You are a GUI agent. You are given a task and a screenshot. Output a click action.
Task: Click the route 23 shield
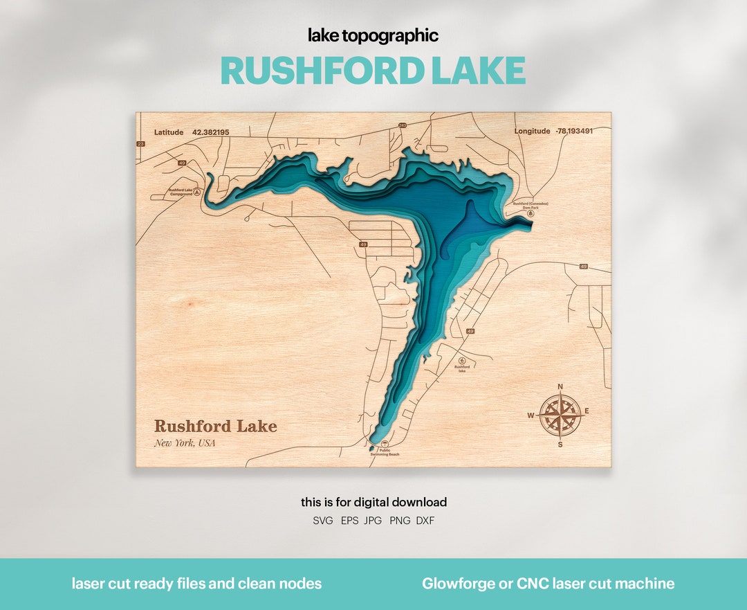(x=140, y=144)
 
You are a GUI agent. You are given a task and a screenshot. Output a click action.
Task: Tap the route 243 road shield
(x=402, y=125)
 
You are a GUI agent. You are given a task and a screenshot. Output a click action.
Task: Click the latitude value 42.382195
(x=210, y=132)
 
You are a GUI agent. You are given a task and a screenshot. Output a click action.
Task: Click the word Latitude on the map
(x=169, y=132)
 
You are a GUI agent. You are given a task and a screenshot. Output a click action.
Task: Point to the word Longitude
(x=532, y=131)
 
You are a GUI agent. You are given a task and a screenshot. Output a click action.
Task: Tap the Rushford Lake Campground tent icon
(x=197, y=192)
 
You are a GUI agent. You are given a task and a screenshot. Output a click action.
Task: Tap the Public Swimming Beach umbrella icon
(x=386, y=443)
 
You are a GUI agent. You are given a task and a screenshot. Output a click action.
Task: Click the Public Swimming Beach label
(x=385, y=452)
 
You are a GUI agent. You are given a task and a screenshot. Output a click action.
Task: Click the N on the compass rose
(x=560, y=387)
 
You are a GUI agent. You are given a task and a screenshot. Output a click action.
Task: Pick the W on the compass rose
(x=531, y=415)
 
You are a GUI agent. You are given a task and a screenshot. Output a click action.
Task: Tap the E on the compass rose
(x=587, y=411)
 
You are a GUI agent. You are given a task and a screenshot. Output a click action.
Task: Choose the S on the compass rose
(x=560, y=445)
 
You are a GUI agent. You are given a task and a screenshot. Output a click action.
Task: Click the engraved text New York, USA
(x=185, y=443)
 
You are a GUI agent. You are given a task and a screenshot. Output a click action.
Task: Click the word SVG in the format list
(x=323, y=521)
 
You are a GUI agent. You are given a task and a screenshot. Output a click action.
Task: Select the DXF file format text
(x=425, y=521)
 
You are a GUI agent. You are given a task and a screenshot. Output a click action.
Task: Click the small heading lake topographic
(x=373, y=36)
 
